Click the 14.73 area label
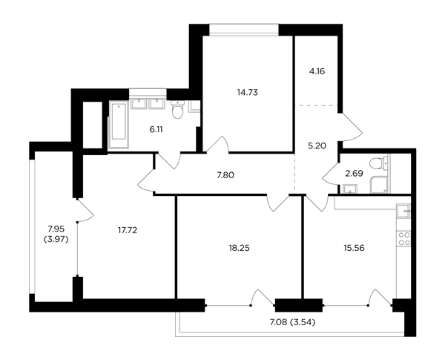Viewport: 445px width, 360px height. click(x=248, y=92)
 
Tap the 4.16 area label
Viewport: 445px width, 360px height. click(x=317, y=71)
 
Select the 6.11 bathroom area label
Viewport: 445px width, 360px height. click(x=156, y=130)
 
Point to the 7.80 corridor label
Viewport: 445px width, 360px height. click(x=225, y=175)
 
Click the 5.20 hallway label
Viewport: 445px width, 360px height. click(x=317, y=146)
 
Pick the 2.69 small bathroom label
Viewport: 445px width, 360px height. click(x=355, y=174)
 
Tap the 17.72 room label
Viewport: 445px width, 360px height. click(x=128, y=230)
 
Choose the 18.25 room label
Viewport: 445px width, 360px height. click(x=240, y=248)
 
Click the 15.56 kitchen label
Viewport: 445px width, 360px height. click(x=355, y=248)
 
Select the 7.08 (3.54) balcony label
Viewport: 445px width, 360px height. click(x=293, y=322)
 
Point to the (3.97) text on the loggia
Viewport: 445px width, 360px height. click(x=56, y=240)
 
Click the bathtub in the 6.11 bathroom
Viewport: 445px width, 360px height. click(x=119, y=125)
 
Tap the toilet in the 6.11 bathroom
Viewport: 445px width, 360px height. click(x=178, y=109)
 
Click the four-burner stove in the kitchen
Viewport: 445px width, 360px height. click(x=404, y=239)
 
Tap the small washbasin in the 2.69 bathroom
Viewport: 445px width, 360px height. click(x=350, y=189)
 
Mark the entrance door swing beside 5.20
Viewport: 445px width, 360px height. click(x=352, y=127)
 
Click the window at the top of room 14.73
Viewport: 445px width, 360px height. click(x=244, y=30)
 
